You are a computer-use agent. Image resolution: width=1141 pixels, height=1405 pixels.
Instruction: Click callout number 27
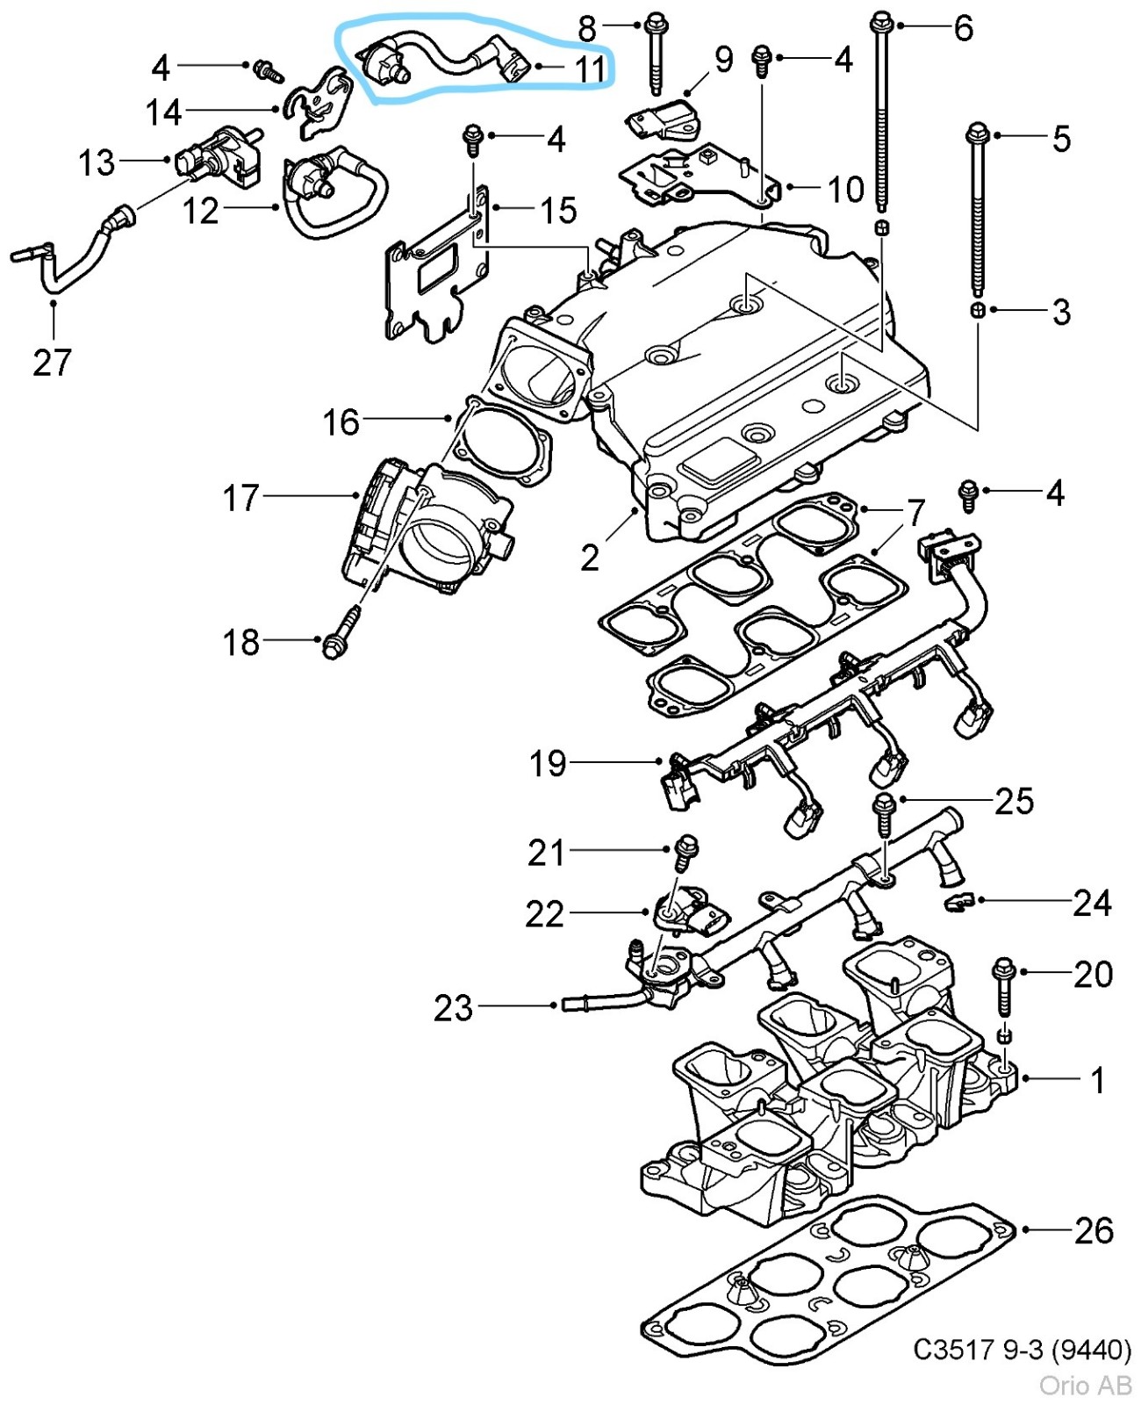[52, 362]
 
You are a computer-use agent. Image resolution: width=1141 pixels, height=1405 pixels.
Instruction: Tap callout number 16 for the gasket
[341, 422]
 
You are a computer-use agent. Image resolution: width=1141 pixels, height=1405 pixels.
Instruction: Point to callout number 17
[240, 498]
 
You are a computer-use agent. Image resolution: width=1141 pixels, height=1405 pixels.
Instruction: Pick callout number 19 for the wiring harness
[547, 763]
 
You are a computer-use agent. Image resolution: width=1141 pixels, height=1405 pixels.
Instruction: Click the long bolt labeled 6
[880, 114]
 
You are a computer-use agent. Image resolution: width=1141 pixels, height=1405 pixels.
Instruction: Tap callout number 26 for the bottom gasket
[1094, 1230]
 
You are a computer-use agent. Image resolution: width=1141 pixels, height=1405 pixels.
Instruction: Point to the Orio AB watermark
[1085, 1385]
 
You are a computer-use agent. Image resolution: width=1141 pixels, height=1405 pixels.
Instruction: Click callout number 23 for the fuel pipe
[453, 1007]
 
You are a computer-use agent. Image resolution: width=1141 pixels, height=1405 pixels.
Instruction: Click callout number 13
[97, 162]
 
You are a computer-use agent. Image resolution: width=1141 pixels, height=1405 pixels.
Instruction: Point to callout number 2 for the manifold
[590, 557]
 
